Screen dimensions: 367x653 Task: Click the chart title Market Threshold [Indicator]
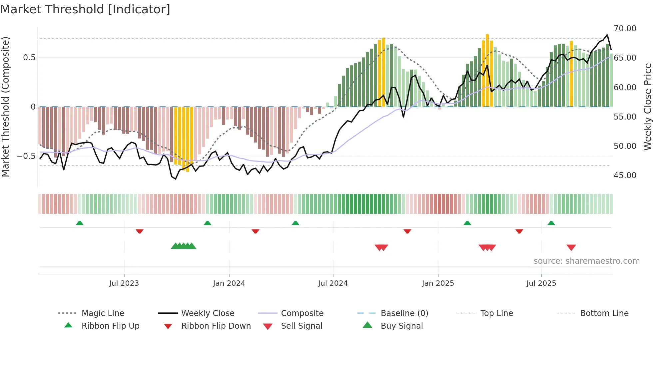85,9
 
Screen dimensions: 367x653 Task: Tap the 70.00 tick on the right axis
625,29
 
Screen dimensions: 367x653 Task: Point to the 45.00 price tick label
625,176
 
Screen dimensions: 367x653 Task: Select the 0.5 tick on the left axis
29,58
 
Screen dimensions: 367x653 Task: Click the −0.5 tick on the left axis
26,156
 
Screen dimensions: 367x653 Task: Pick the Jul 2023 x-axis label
124,283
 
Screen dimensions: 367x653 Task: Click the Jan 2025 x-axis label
438,283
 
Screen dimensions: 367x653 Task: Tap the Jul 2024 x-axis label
333,283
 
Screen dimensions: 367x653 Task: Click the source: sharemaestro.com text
586,261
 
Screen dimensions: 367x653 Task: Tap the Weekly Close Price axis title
647,107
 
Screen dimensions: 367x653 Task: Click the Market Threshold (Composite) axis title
5,107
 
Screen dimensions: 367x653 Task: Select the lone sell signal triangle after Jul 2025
571,247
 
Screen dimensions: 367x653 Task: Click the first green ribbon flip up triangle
80,223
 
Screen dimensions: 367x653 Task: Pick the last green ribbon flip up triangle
551,223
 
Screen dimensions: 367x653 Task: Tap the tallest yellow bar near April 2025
487,70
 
